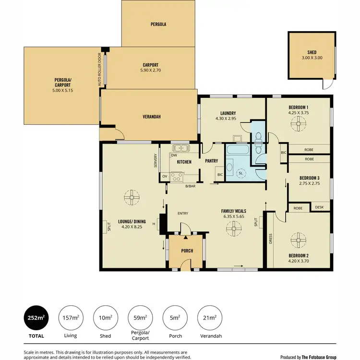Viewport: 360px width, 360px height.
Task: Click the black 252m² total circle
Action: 36,317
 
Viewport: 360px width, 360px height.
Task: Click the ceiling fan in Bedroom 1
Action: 298,124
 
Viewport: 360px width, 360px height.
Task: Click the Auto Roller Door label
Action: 100,69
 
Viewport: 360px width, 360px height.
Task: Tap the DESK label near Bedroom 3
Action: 319,208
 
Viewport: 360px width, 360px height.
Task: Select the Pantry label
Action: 212,161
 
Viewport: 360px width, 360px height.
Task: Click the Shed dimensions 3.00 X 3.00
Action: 312,58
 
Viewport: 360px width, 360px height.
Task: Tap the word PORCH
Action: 187,251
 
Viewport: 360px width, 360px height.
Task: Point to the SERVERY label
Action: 156,161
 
